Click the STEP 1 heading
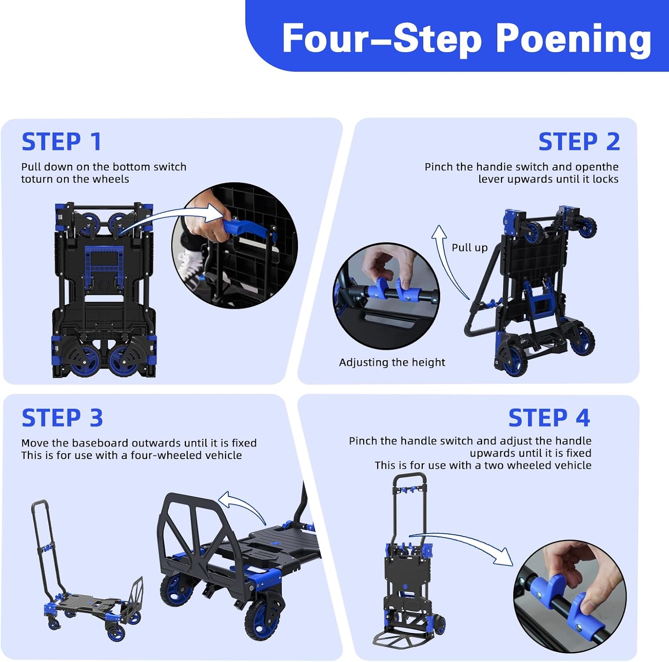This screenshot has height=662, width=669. [62, 142]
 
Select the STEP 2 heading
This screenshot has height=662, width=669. [579, 142]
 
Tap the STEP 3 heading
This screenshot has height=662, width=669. [62, 418]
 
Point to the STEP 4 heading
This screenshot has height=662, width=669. [549, 418]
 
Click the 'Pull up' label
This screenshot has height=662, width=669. [470, 248]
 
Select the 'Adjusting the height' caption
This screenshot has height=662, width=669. [392, 362]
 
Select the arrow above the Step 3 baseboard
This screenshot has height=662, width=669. [243, 504]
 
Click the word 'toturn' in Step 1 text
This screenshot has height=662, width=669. [37, 179]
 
